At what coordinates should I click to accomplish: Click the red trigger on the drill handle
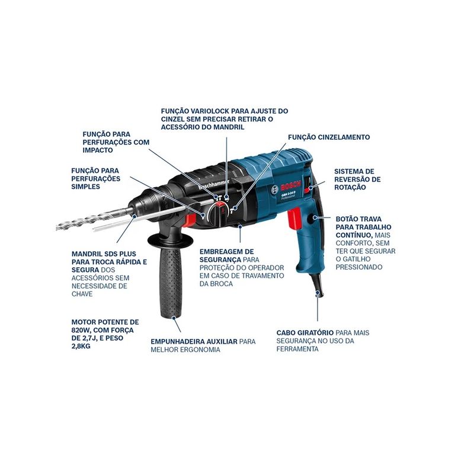coord(294,219)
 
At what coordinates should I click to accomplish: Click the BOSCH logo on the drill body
coord(291,186)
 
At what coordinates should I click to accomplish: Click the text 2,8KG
coord(81,346)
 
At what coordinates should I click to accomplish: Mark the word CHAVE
coord(82,294)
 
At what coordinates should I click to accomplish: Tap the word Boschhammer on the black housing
coord(214,185)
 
